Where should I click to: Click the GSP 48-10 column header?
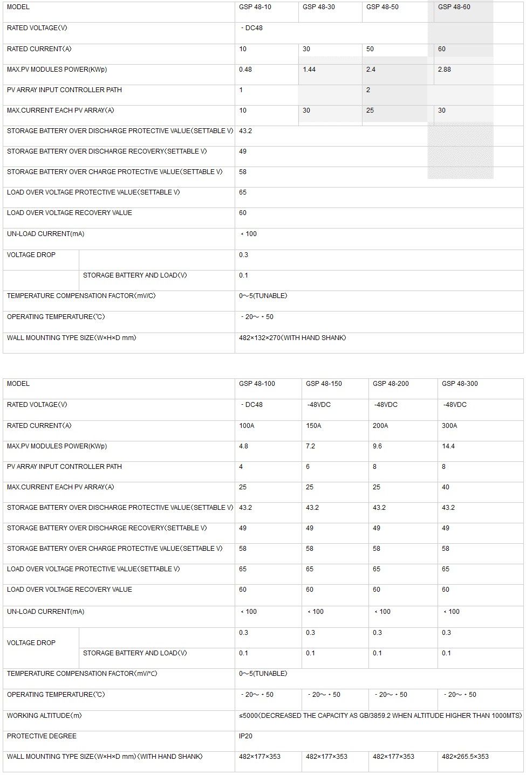tap(255, 7)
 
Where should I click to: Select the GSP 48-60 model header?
tap(454, 7)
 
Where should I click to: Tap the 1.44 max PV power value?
tap(309, 70)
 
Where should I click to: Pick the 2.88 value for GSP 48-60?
tap(445, 70)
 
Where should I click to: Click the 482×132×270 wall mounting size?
tap(292, 338)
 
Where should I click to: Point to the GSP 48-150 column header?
tap(324, 384)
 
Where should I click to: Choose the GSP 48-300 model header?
tap(460, 384)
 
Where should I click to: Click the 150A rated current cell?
tap(313, 426)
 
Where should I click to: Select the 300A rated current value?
tap(449, 426)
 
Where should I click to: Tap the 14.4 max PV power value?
tap(448, 446)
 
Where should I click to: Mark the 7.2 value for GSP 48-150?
tap(310, 446)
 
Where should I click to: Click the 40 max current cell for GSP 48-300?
tap(446, 487)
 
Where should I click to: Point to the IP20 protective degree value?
tap(245, 736)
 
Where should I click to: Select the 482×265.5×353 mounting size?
tap(465, 757)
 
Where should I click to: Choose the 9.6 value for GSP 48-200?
tap(377, 446)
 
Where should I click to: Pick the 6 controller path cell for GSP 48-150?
tap(308, 467)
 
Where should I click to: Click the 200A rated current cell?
tap(380, 426)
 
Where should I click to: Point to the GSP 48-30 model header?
tap(319, 7)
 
